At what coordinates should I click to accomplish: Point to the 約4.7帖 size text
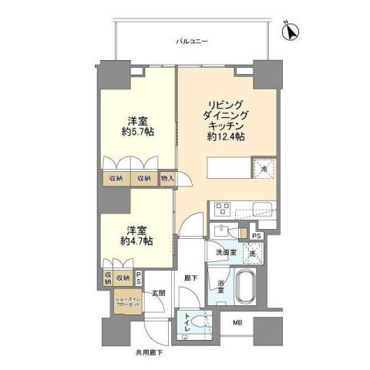point(136,240)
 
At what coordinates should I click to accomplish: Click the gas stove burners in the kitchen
point(221,207)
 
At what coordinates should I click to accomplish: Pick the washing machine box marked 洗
point(251,252)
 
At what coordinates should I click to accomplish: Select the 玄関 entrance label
point(158,291)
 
